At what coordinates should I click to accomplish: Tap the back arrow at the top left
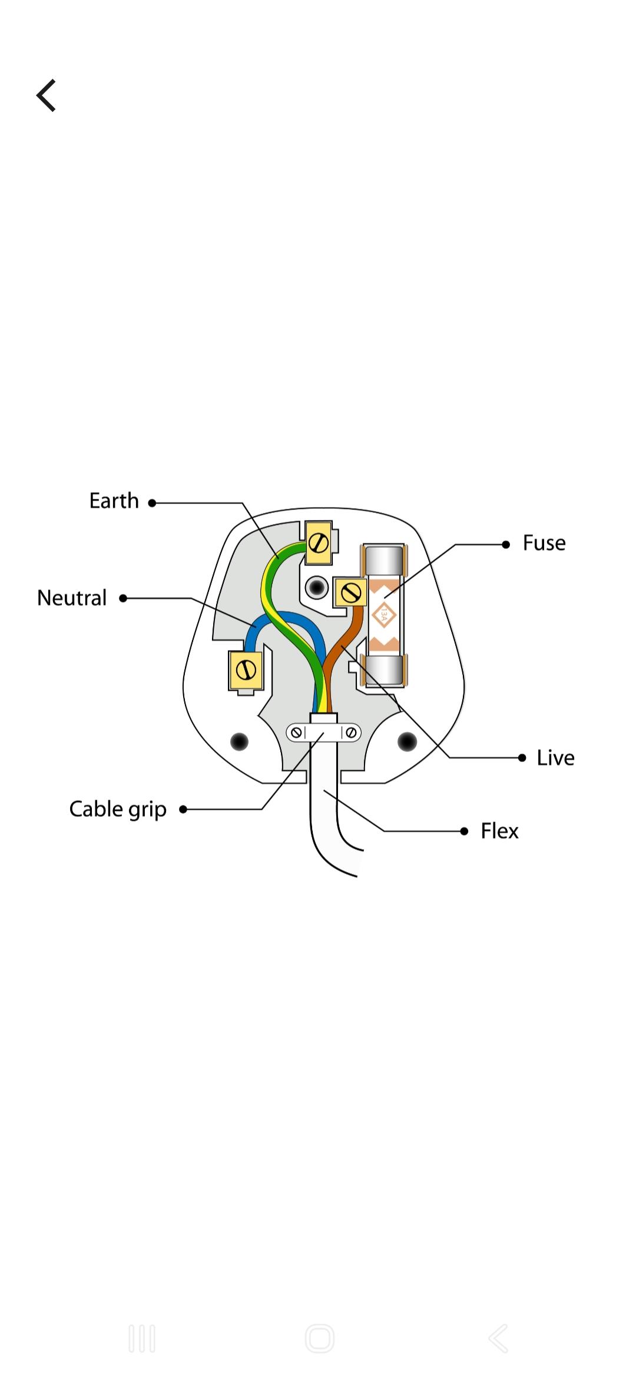tap(46, 95)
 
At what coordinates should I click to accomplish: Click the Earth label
tap(114, 501)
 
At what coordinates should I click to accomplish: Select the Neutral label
tap(72, 598)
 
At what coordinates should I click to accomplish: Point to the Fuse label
tap(544, 544)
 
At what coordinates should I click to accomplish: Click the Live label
tap(555, 758)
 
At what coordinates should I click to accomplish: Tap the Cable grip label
tap(118, 810)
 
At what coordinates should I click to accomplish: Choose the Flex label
tap(499, 832)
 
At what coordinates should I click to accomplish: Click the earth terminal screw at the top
tap(319, 542)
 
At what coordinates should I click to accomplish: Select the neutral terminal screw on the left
tap(246, 670)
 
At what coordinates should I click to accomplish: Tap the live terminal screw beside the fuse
tap(351, 592)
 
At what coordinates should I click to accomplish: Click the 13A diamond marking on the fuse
tap(383, 616)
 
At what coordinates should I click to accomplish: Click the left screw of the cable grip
tap(297, 733)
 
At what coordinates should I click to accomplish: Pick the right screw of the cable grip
tap(351, 733)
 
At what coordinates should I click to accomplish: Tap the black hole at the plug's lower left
tap(239, 741)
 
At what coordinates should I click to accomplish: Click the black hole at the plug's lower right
tap(407, 741)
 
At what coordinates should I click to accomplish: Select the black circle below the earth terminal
tap(317, 587)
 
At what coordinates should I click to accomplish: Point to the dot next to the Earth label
tap(152, 503)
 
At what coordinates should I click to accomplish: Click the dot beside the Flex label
tap(464, 832)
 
